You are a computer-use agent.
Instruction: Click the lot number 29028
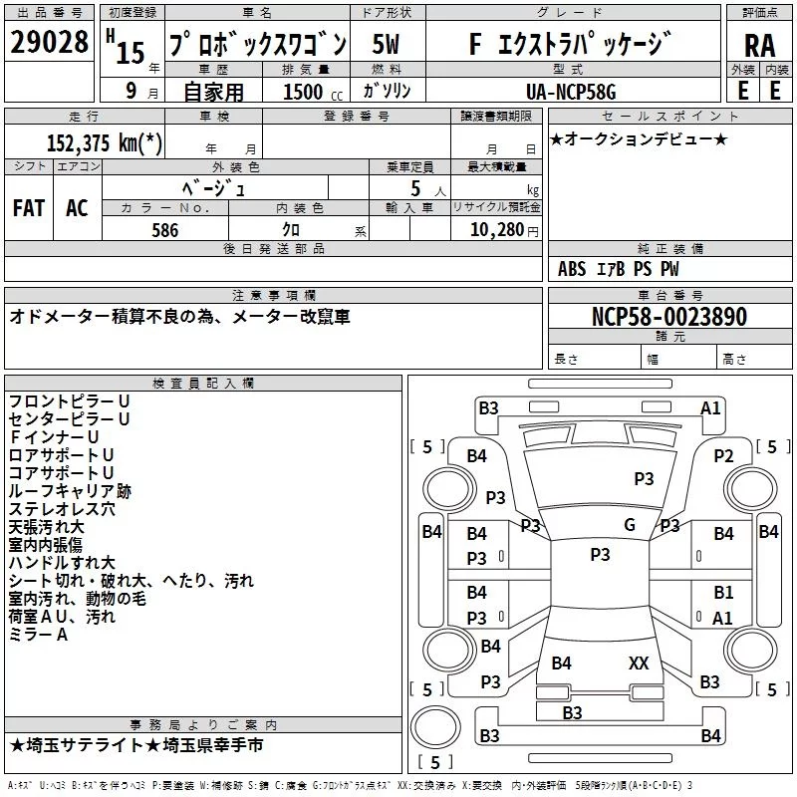click(49, 42)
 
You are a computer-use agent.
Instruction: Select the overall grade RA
click(759, 46)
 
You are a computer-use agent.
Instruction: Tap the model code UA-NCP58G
click(571, 92)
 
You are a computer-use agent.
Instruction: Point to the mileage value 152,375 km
click(105, 142)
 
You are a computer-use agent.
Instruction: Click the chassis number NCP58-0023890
click(669, 317)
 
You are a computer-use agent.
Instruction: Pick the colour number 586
click(165, 230)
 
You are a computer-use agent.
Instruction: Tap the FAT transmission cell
click(29, 208)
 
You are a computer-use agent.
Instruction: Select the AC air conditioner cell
click(78, 208)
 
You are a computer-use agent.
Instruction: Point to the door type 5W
click(386, 44)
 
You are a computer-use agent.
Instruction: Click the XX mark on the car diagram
click(639, 664)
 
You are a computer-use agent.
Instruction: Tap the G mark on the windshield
click(630, 525)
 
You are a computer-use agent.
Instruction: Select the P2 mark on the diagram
click(723, 456)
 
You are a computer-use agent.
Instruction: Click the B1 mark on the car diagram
click(723, 592)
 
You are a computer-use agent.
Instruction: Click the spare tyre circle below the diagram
click(435, 727)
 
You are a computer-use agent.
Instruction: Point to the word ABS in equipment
click(572, 269)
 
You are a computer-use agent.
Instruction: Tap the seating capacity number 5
click(415, 188)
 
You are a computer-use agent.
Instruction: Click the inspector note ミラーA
click(38, 635)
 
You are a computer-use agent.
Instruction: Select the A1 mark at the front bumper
click(710, 408)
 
